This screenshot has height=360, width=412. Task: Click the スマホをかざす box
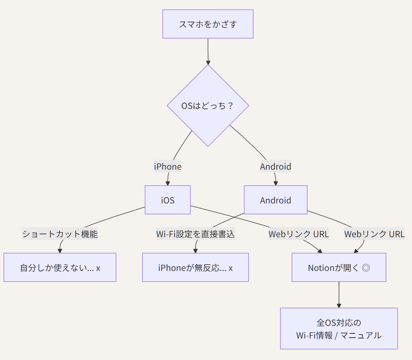click(208, 24)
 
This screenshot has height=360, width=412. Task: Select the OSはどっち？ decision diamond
click(208, 106)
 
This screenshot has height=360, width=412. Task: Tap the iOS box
click(167, 200)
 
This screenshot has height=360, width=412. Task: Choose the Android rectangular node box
click(275, 200)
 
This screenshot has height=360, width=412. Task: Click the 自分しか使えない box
click(60, 268)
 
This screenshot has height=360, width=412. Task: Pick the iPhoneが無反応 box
click(195, 268)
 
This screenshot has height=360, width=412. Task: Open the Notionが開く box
click(339, 268)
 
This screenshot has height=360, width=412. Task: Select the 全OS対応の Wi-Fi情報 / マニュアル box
click(339, 329)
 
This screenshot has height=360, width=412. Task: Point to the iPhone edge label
click(167, 167)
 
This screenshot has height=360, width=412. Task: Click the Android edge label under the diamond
click(275, 167)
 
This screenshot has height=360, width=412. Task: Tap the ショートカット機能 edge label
click(60, 234)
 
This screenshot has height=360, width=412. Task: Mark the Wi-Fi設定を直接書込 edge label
click(195, 234)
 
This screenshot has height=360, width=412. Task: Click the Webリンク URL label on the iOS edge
click(299, 234)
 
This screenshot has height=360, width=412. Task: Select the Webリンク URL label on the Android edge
click(374, 234)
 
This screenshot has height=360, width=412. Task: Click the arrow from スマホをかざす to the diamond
click(208, 51)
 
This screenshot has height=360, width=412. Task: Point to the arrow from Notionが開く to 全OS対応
click(339, 295)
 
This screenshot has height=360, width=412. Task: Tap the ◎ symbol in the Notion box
click(366, 268)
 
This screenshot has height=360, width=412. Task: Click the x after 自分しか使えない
click(98, 268)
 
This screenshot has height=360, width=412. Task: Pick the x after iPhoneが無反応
click(231, 268)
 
